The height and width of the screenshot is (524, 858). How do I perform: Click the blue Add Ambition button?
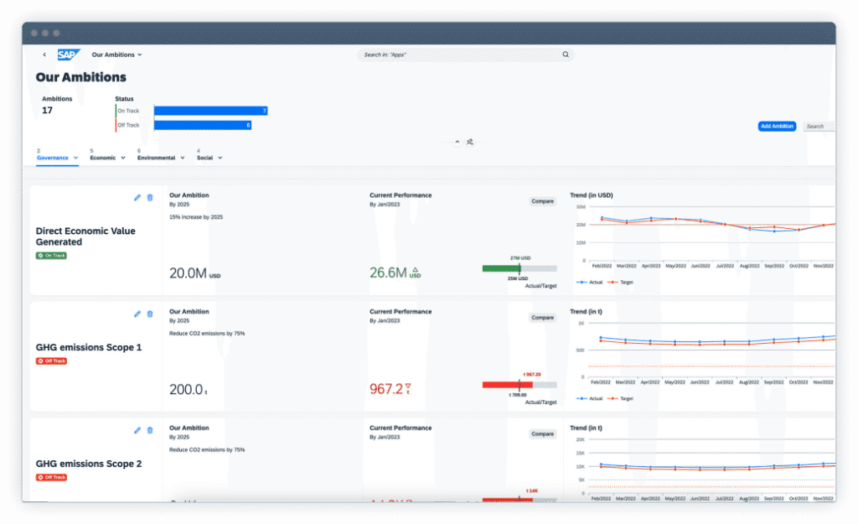777,127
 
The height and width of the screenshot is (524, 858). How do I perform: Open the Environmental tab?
156,158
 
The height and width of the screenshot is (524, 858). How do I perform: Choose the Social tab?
204,158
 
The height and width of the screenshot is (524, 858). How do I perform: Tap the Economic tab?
103,158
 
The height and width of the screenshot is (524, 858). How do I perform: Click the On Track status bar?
210,111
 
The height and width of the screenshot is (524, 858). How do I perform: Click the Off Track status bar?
202,125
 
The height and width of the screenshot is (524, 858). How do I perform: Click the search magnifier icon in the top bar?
566,54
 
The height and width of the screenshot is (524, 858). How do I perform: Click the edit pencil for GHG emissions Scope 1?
137,314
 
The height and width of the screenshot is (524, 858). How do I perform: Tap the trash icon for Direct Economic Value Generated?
150,198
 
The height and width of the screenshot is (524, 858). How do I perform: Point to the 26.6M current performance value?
388,272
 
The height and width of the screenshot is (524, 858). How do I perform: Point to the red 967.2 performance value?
386,389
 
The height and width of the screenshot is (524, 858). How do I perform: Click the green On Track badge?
51,255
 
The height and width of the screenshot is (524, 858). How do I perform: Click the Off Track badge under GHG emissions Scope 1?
51,361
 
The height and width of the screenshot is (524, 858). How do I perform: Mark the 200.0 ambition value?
186,389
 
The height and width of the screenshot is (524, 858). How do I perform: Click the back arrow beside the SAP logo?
44,54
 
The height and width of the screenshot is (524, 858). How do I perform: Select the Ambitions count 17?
48,110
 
